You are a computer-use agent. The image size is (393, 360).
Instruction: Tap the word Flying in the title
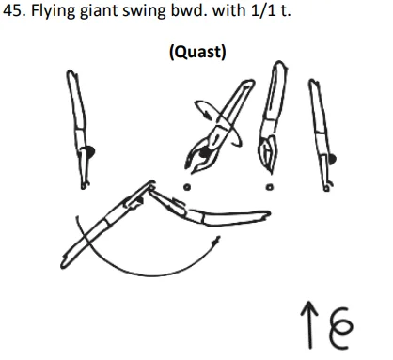pyautogui.click(x=55, y=13)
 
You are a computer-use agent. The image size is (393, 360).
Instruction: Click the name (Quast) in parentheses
pyautogui.click(x=196, y=51)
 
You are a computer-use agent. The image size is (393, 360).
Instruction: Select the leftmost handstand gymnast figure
pyautogui.click(x=79, y=127)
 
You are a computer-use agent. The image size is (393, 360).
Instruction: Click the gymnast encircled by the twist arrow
pyautogui.click(x=218, y=127)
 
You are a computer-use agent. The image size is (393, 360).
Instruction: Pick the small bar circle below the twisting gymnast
pyautogui.click(x=189, y=185)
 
